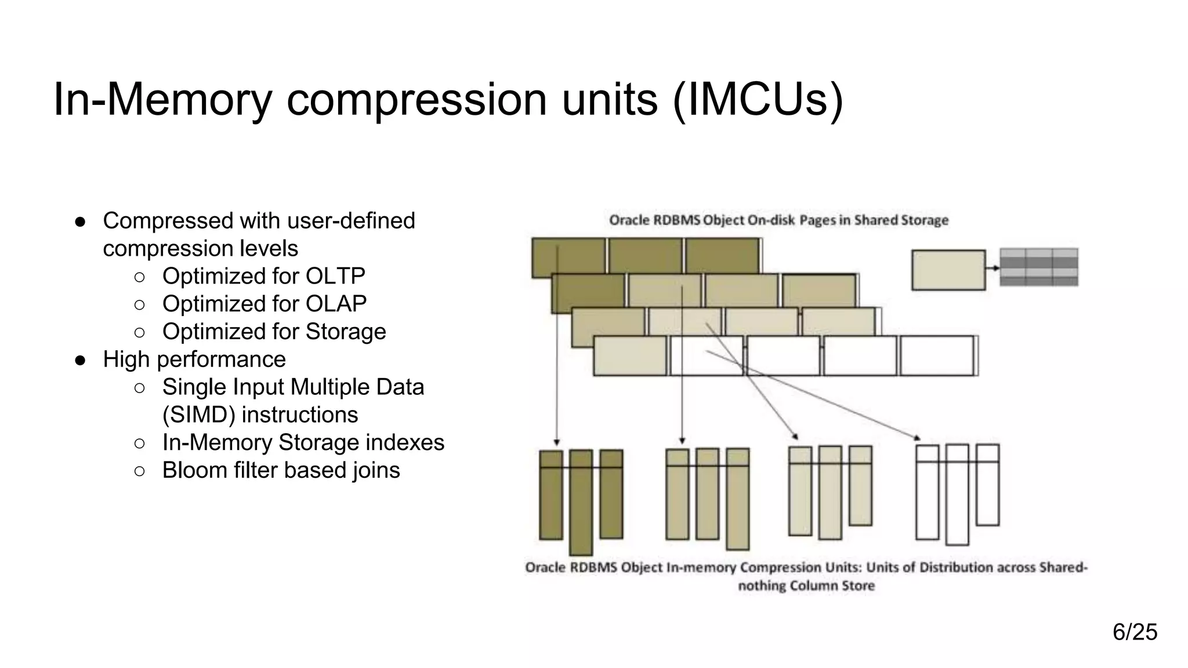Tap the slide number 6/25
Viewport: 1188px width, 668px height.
pyautogui.click(x=1134, y=631)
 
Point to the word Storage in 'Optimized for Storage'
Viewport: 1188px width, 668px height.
pyautogui.click(x=346, y=332)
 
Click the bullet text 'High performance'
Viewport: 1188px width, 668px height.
pyautogui.click(x=194, y=360)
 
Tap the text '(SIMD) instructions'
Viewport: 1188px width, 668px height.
pyautogui.click(x=260, y=415)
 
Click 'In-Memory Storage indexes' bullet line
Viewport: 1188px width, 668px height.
pyautogui.click(x=303, y=442)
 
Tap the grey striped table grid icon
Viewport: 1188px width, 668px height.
pyautogui.click(x=1039, y=267)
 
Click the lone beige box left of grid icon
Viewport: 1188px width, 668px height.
pyautogui.click(x=948, y=270)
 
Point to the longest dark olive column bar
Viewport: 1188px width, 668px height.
pyautogui.click(x=581, y=502)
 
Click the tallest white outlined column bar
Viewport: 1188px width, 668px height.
pyautogui.click(x=957, y=495)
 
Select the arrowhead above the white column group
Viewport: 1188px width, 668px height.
pyautogui.click(x=917, y=438)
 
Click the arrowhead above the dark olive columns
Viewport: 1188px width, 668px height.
pyautogui.click(x=557, y=442)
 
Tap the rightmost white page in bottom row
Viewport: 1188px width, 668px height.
pyautogui.click(x=937, y=355)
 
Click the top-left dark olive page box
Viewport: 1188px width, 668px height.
pyautogui.click(x=568, y=257)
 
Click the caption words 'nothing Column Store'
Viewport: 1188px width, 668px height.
pyautogui.click(x=806, y=586)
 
